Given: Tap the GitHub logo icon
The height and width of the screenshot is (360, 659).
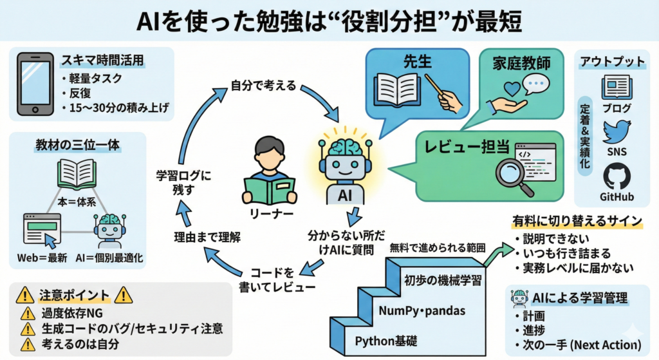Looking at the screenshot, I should [616, 176].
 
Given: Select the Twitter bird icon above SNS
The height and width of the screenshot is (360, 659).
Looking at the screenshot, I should [616, 131].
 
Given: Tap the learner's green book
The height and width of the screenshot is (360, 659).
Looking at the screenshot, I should [270, 192].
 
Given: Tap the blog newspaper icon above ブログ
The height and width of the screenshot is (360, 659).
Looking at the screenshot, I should [615, 87].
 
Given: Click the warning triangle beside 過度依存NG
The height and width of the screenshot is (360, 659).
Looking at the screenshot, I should [28, 314].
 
